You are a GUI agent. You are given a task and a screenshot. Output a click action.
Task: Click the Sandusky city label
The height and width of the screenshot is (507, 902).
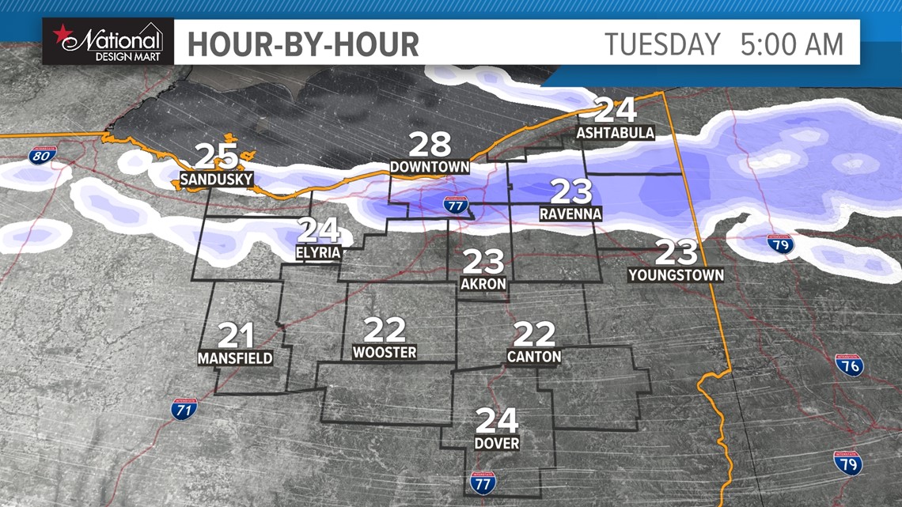tap(216, 180)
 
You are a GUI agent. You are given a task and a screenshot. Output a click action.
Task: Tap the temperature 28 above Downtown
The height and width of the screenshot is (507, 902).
tap(430, 146)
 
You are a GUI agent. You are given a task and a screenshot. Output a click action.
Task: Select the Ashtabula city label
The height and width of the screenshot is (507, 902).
tap(616, 132)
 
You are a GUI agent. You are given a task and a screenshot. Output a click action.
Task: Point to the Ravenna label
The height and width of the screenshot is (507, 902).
tap(570, 214)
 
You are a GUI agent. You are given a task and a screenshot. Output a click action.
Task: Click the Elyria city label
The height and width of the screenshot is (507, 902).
tap(320, 253)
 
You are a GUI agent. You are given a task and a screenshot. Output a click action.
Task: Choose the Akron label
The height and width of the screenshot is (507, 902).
tap(483, 283)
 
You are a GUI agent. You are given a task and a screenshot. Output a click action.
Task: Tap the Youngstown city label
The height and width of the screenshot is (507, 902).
tap(676, 275)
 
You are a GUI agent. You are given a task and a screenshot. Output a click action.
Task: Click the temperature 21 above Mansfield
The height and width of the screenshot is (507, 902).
tap(235, 336)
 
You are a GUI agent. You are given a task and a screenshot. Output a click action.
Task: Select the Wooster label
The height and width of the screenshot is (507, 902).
tap(385, 352)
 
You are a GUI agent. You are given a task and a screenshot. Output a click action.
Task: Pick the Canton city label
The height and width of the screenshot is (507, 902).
tap(534, 357)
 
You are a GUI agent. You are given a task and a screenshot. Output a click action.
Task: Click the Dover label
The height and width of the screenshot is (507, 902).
tap(497, 443)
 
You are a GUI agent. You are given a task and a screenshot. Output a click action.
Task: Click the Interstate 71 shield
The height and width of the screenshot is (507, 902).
tap(184, 409)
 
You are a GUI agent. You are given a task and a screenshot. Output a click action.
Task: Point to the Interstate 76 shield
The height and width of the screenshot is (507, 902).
tap(849, 365)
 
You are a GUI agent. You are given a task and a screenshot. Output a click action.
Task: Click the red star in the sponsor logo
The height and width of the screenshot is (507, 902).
tap(61, 35)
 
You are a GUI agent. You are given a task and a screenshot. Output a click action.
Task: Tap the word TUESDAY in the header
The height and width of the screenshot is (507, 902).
tap(663, 44)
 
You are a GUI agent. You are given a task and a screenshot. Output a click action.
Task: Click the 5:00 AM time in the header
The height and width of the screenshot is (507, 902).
tap(792, 44)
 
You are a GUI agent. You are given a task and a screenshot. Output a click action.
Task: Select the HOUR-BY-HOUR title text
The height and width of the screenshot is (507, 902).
tap(303, 44)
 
